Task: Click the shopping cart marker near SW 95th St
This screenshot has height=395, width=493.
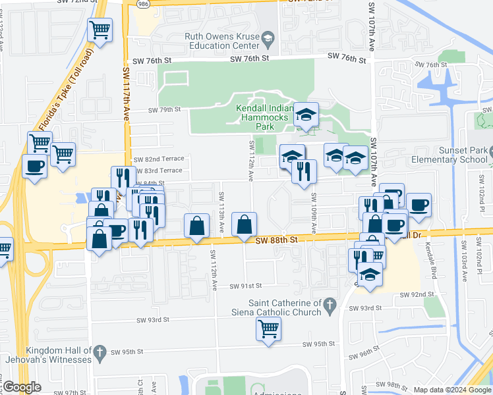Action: click(x=268, y=328)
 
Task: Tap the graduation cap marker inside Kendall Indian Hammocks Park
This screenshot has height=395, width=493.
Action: click(x=306, y=114)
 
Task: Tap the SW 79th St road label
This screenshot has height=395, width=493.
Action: click(x=164, y=110)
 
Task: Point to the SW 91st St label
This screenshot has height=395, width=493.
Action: click(x=246, y=286)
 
